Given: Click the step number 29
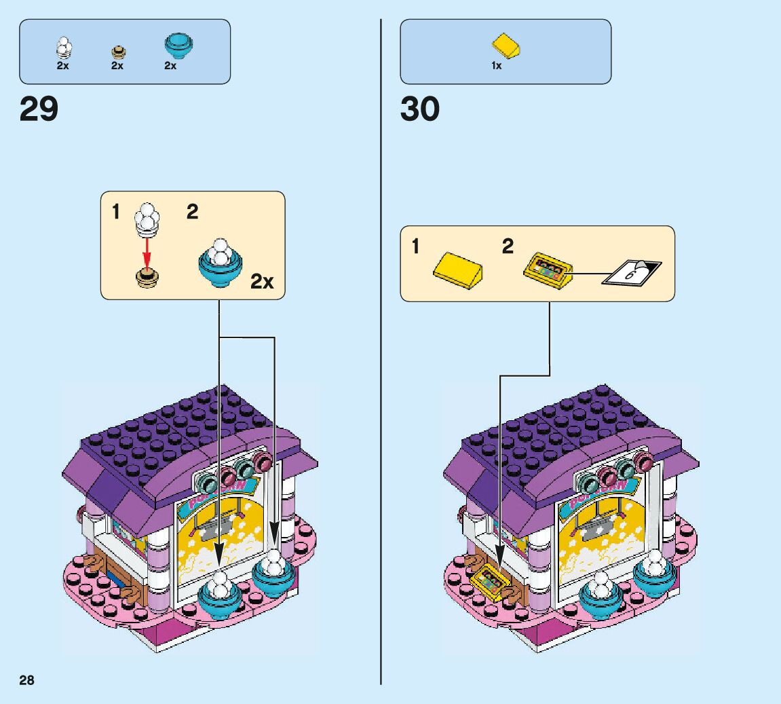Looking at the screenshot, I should (39, 109).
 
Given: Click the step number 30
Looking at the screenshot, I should (420, 109).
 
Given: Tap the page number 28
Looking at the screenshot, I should (26, 680).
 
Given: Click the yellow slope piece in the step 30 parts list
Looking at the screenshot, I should (507, 47).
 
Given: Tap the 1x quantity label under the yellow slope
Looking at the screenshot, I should (497, 66).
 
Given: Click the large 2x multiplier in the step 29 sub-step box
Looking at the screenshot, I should (262, 280).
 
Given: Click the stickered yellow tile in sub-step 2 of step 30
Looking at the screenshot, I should (548, 271).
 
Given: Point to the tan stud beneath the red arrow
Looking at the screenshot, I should (147, 277).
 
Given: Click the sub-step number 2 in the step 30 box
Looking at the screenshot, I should (508, 246).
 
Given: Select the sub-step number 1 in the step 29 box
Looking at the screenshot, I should (116, 212).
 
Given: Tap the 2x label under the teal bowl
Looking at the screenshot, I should (170, 66).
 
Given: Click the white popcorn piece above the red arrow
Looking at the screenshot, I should (147, 218).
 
